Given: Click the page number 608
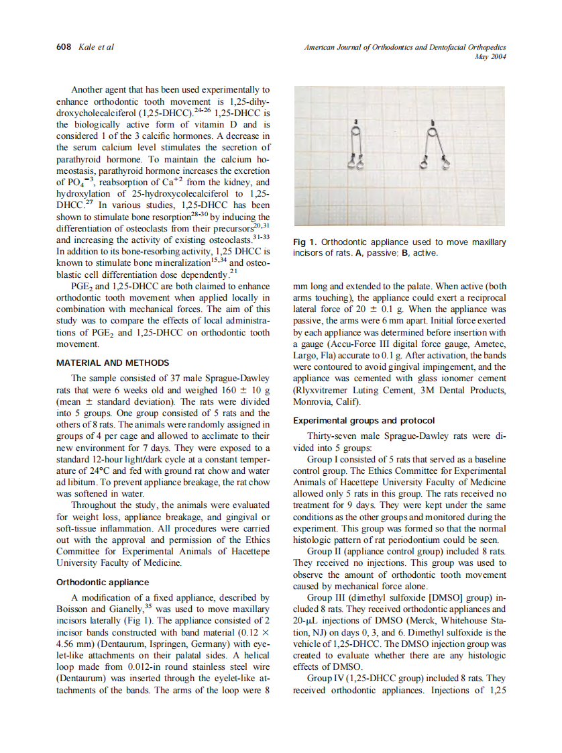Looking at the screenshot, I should pyautogui.click(x=62, y=47).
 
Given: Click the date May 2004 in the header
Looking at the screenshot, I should pyautogui.click(x=490, y=57).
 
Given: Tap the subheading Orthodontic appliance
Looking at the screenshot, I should pyautogui.click(x=101, y=582).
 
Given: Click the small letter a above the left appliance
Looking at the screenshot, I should pyautogui.click(x=356, y=121).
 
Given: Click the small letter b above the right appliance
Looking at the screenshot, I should pyautogui.click(x=433, y=123).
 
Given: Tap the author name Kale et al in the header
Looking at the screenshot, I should pyautogui.click(x=96, y=47).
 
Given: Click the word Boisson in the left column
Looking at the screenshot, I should pyautogui.click(x=73, y=609).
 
